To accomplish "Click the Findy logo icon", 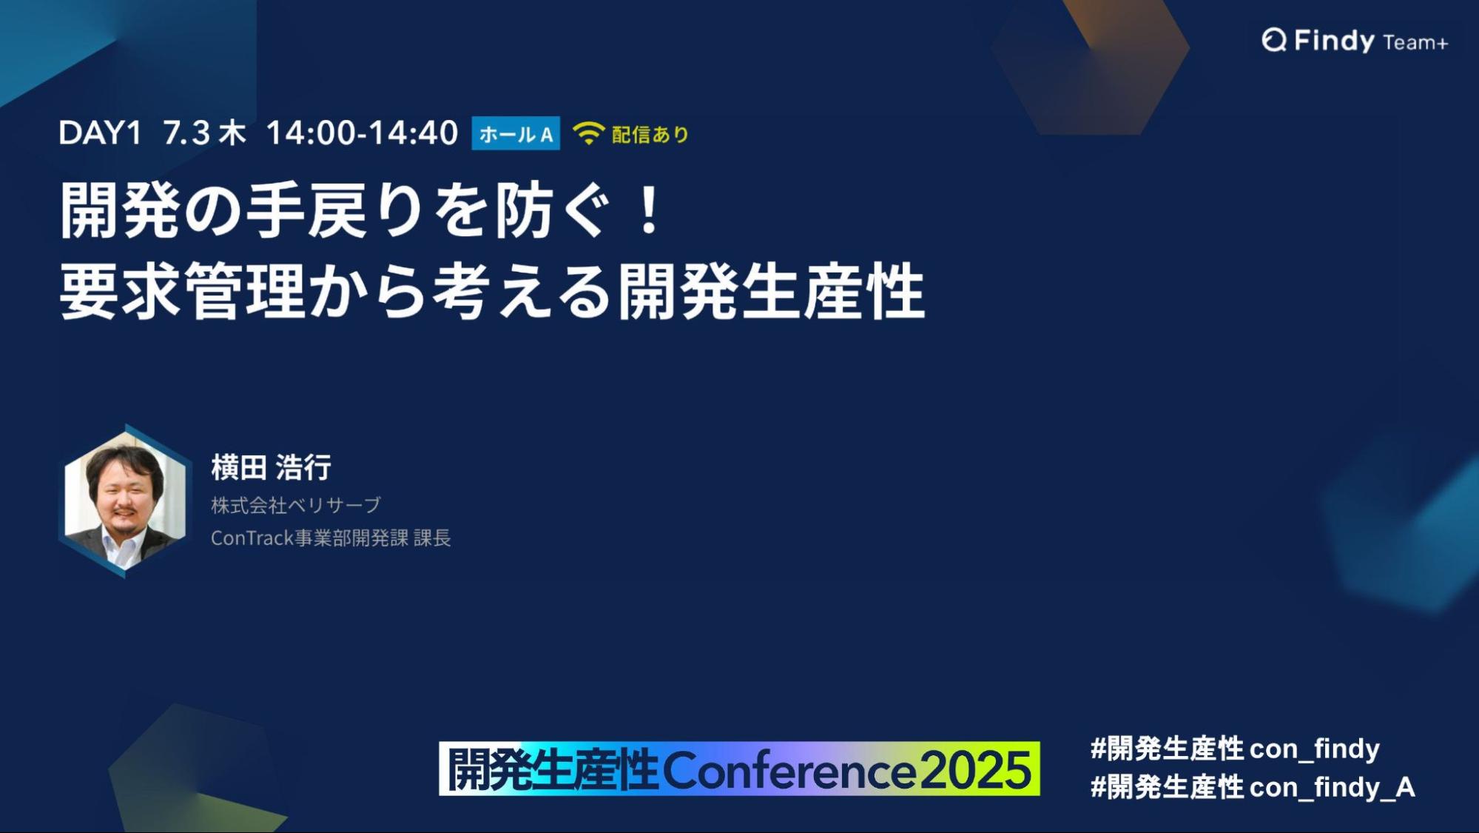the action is click(1274, 40).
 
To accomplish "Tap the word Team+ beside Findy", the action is click(1415, 43).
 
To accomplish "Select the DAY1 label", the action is click(100, 133).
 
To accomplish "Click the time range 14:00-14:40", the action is click(362, 133).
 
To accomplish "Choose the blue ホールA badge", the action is click(516, 134).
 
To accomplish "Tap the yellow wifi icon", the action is click(588, 133).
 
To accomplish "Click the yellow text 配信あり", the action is click(650, 134).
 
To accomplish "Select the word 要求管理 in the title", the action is click(182, 291).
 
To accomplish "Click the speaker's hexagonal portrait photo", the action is click(124, 501).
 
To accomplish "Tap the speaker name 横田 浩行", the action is click(271, 467).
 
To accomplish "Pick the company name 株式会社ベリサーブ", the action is click(296, 505).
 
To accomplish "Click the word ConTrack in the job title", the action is click(252, 538).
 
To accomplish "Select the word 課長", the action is click(432, 538).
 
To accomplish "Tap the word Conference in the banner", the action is click(789, 770).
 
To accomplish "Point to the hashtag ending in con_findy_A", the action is click(1253, 787).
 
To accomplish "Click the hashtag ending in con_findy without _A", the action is click(1235, 749).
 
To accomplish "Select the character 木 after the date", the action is click(232, 133).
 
